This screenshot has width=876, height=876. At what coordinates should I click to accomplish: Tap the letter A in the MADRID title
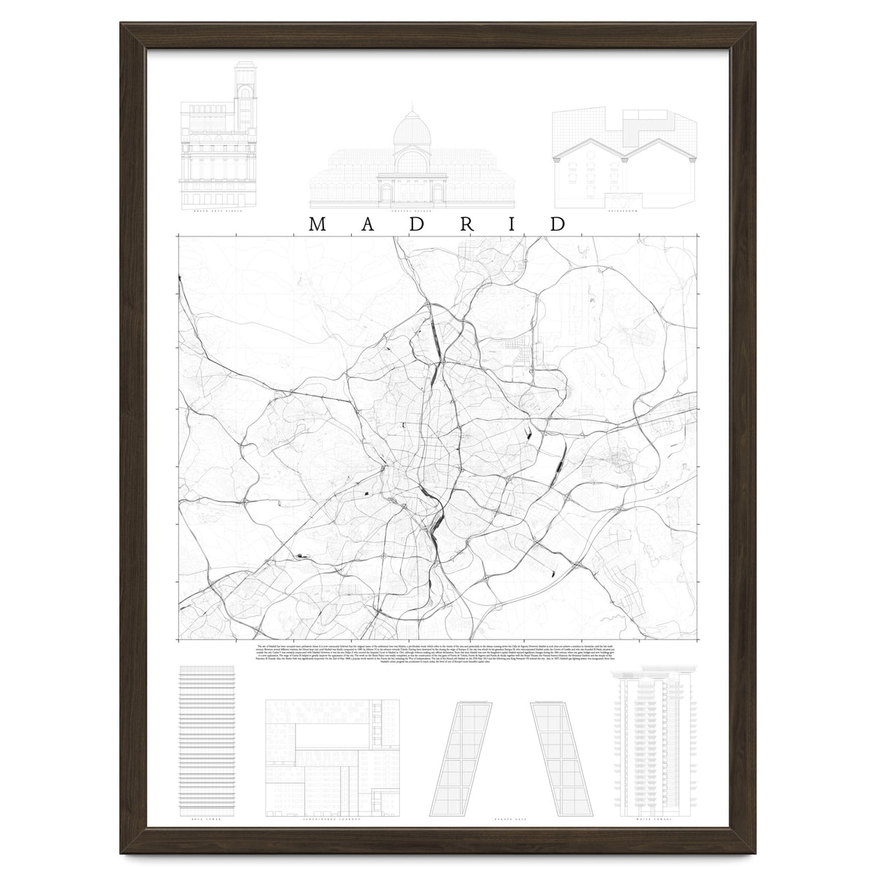pos(366,223)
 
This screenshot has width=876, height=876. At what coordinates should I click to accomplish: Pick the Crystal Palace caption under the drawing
pos(408,211)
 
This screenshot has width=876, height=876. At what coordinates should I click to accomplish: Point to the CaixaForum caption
pos(620,211)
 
